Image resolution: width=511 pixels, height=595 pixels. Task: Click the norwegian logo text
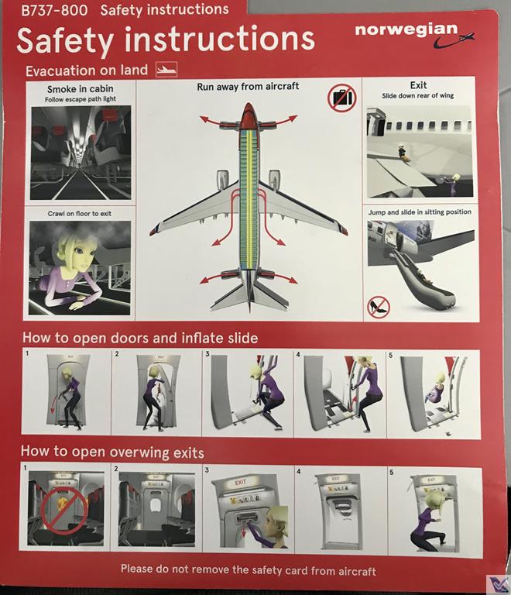point(406,30)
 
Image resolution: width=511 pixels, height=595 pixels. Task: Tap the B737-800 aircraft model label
point(54,10)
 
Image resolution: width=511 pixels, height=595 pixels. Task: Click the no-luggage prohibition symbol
point(343,98)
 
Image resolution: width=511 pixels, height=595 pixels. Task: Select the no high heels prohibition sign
point(379,308)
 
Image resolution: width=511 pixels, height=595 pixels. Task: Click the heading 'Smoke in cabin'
point(81,89)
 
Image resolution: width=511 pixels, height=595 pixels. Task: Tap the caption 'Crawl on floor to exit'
point(80,214)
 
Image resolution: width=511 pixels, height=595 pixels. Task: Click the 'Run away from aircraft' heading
point(248,87)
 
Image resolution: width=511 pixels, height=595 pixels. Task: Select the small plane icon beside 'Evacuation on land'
point(166,70)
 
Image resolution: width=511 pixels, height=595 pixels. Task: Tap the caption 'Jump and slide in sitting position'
point(420,212)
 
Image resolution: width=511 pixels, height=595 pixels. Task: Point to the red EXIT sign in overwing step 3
point(240,483)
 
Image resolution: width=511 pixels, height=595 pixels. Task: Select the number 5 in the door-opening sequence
point(390,355)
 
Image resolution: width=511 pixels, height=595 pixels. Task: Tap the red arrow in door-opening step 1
point(54,403)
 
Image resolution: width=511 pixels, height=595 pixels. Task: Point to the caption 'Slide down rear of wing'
point(418,95)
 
